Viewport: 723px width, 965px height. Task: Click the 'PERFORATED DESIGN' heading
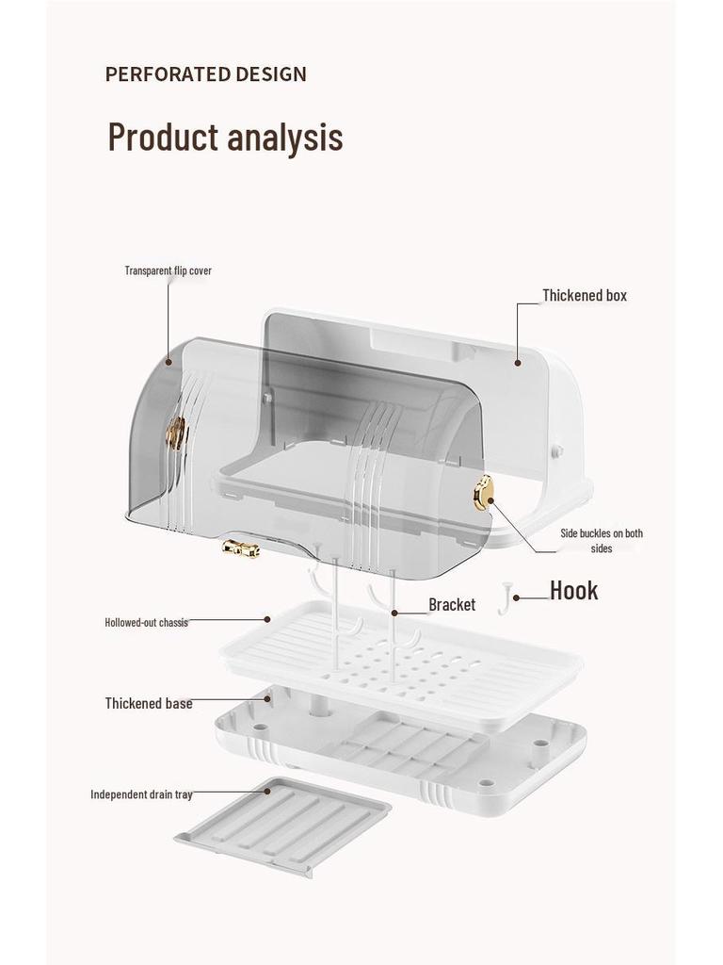coord(206,74)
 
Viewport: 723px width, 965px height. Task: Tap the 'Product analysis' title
coord(225,137)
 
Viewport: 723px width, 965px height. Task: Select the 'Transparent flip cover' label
coord(168,270)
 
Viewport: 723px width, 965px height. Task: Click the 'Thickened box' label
coord(585,295)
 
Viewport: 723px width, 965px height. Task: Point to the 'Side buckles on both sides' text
coord(602,540)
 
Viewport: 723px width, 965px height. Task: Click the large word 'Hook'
coord(573,590)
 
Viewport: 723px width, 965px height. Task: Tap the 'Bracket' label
coord(452,605)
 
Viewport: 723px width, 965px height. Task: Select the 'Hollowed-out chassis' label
coord(146,622)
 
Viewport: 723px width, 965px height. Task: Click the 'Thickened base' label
coord(149,703)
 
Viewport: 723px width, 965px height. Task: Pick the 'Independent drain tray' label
coord(141,794)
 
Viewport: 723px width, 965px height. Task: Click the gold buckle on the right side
coord(483,493)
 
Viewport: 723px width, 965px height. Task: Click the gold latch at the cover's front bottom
coord(240,549)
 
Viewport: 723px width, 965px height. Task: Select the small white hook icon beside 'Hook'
coord(506,597)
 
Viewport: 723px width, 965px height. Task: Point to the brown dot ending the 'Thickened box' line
coord(519,363)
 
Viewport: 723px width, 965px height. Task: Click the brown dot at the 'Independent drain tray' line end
coord(267,791)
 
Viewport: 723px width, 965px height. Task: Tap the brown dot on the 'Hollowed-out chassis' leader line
coord(267,619)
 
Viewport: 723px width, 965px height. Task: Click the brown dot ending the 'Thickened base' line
coord(268,698)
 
